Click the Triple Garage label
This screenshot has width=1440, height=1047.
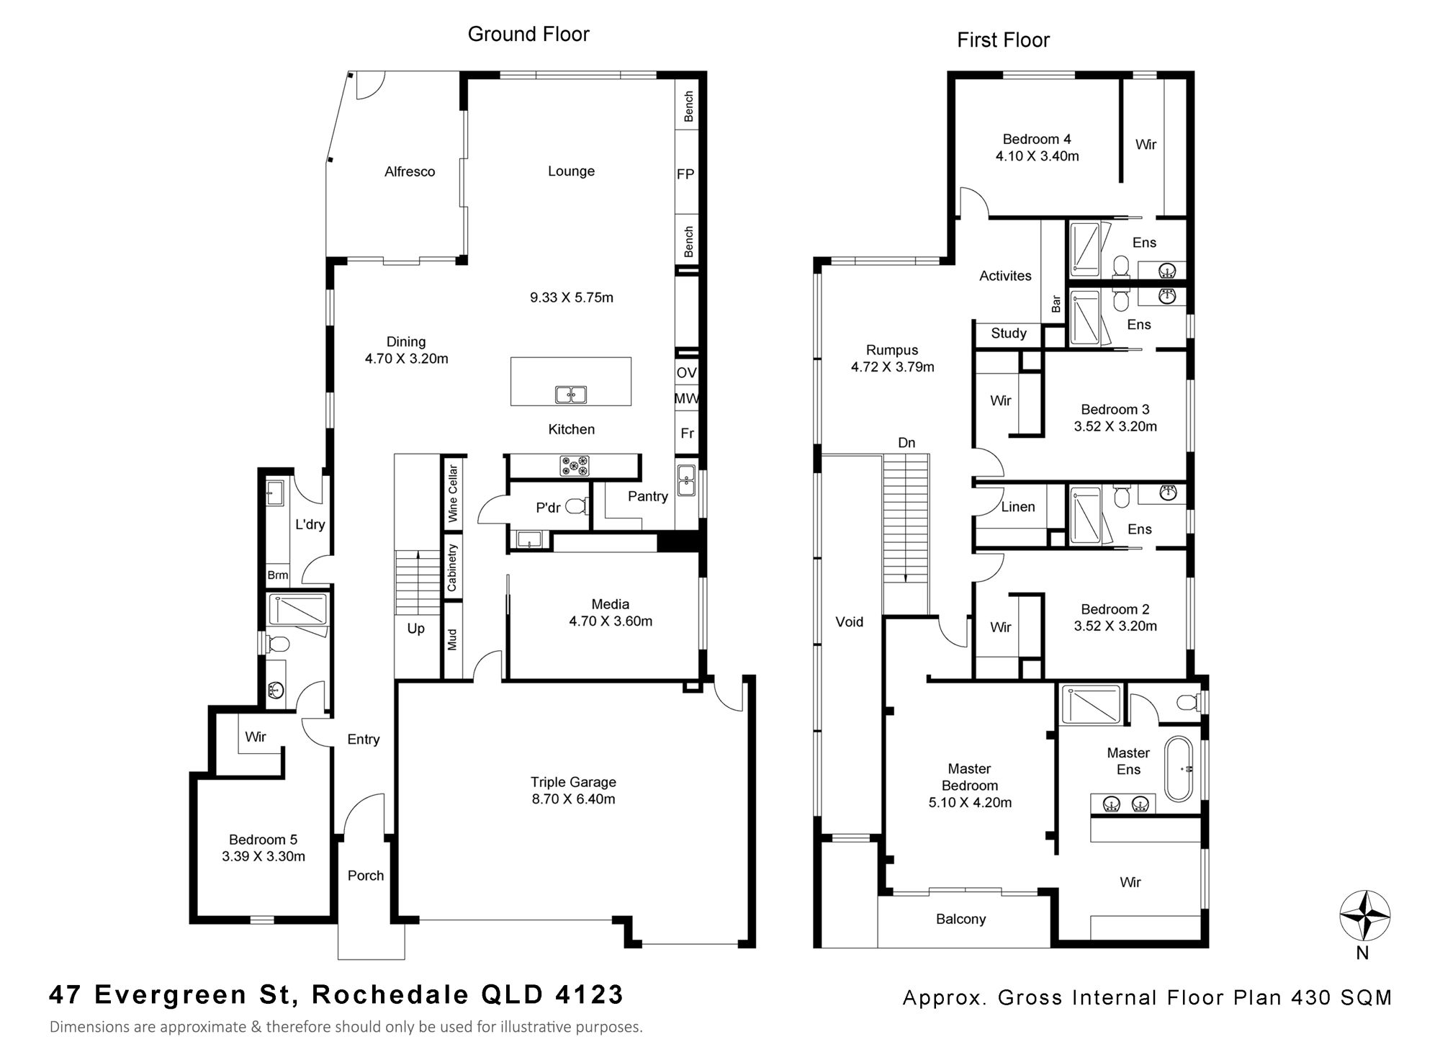573,782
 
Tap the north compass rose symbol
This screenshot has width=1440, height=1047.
1364,916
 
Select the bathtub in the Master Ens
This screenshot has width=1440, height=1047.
1179,768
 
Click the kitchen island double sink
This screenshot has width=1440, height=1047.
571,395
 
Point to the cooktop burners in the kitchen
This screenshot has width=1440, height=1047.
575,466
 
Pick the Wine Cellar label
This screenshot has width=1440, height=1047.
453,493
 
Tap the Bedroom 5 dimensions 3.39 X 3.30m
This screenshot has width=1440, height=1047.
264,856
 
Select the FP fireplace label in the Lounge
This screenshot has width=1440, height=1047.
685,174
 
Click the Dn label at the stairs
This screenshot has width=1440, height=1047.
906,443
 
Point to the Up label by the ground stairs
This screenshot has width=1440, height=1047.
415,629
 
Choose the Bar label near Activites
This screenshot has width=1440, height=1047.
1056,304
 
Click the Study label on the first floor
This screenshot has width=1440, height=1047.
1008,333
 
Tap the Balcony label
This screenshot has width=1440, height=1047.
960,919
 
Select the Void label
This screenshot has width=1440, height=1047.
849,621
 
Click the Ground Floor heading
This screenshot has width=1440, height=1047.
528,34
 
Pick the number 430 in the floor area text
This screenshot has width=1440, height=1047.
1311,997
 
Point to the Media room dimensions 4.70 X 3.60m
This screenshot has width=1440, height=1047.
611,621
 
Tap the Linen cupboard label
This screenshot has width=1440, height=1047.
1018,507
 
